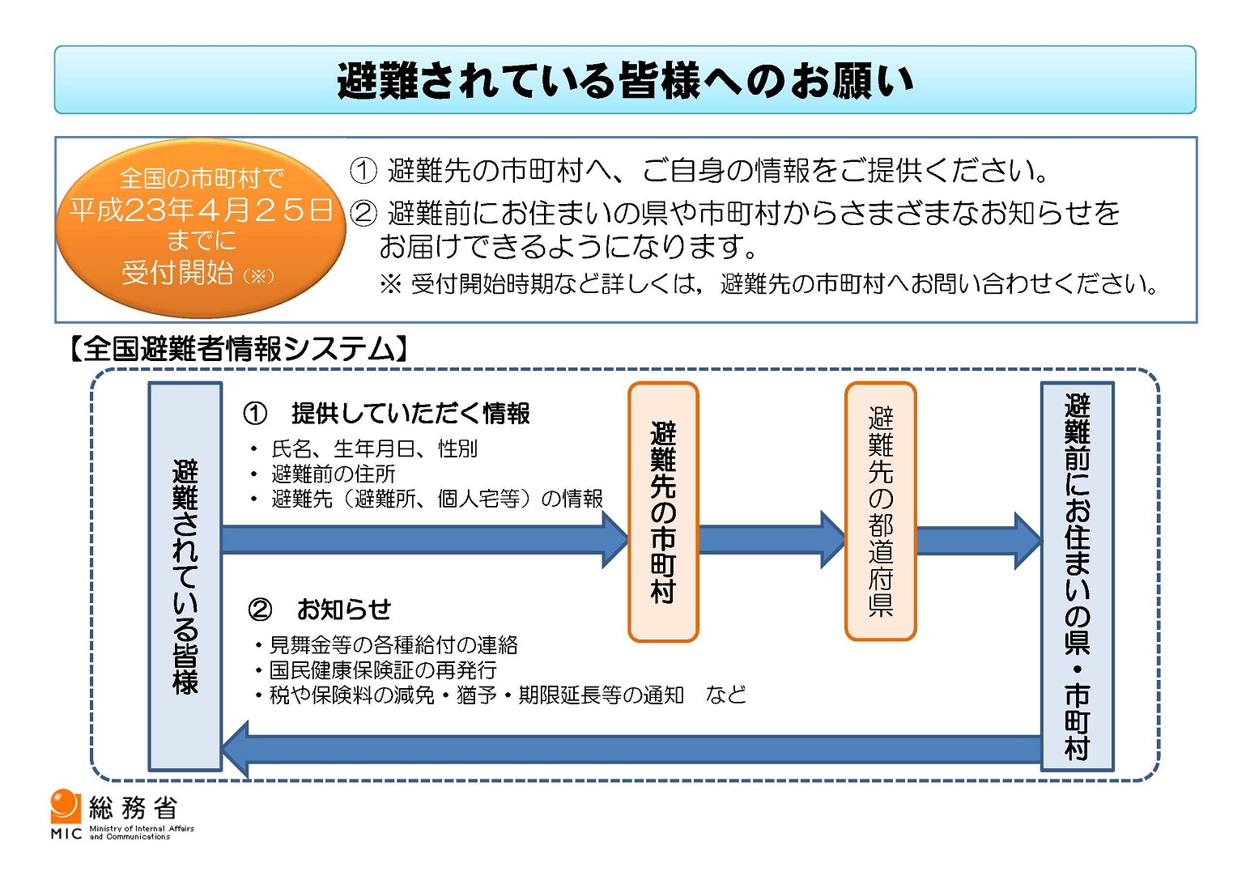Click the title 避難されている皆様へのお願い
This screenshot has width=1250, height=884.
[625, 81]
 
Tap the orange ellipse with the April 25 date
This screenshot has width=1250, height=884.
[200, 227]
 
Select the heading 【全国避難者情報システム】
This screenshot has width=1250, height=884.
[238, 350]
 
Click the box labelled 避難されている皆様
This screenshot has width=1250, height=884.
[185, 576]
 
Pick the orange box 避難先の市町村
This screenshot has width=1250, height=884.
[663, 512]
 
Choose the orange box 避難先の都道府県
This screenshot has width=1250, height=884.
[881, 511]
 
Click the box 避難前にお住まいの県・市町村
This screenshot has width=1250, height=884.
[1077, 576]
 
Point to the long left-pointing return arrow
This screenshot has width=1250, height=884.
[631, 749]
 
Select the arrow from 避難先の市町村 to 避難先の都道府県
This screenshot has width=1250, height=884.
[772, 540]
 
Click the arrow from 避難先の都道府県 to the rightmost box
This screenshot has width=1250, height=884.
[979, 540]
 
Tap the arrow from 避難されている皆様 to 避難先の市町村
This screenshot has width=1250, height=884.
[425, 540]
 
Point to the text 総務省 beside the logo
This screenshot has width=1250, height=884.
[133, 808]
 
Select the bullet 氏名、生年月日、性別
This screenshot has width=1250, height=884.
[374, 448]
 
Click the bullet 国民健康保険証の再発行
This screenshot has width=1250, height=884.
[383, 669]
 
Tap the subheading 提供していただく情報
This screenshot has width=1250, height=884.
[410, 413]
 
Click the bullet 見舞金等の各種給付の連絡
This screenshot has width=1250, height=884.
[393, 644]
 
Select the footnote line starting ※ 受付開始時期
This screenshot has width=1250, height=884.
[767, 283]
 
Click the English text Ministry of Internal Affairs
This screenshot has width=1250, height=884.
[142, 828]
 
